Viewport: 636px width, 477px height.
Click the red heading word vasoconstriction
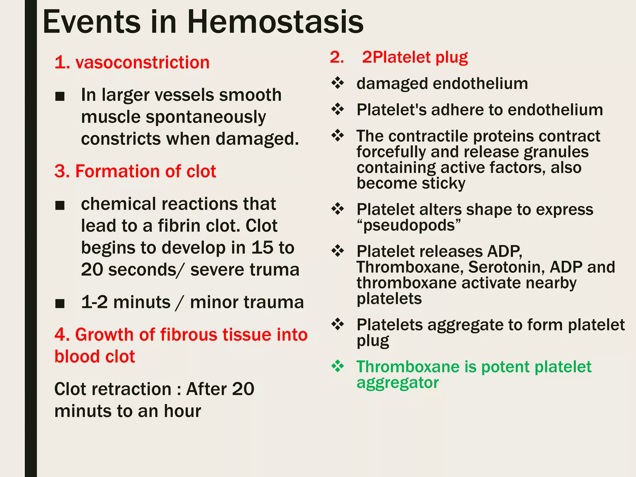[142, 62]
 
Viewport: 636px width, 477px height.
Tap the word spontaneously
[206, 117]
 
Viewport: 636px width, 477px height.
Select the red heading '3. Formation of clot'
[135, 171]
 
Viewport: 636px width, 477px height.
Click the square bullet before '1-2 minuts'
[60, 303]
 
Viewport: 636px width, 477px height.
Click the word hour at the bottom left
[182, 411]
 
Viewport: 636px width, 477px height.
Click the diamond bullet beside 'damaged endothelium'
[338, 83]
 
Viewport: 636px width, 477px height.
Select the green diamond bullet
[338, 366]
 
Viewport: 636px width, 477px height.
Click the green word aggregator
[397, 383]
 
